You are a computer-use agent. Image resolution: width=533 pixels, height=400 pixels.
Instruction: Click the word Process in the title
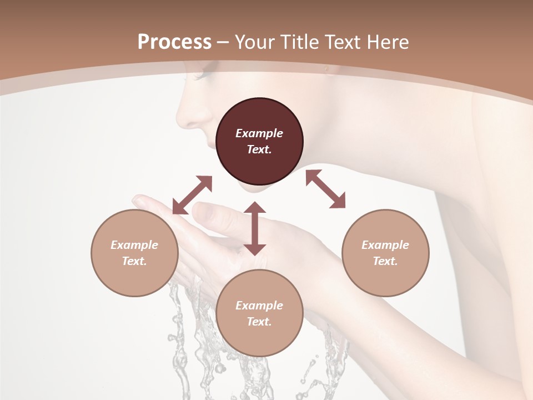[x=174, y=42]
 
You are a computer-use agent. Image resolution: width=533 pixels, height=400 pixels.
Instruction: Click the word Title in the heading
[x=298, y=42]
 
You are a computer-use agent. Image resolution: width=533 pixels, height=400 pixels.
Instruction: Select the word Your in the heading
[x=255, y=42]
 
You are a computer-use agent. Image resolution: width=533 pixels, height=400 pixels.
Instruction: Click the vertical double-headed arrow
[x=255, y=228]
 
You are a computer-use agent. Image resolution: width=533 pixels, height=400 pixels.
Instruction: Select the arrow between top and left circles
[x=192, y=194]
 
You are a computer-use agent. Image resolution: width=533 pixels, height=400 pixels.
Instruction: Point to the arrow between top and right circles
[x=325, y=189]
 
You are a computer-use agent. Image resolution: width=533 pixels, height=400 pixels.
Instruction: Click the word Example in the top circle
[x=259, y=133]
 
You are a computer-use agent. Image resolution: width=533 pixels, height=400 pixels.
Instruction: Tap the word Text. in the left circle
[x=134, y=261]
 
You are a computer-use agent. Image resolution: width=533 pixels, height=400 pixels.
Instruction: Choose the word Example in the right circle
[x=385, y=245]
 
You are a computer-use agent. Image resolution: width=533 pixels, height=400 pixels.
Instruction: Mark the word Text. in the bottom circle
[x=259, y=322]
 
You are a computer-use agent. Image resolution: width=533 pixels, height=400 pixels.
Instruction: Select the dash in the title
[x=223, y=43]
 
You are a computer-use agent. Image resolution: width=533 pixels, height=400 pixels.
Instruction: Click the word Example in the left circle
[x=134, y=245]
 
